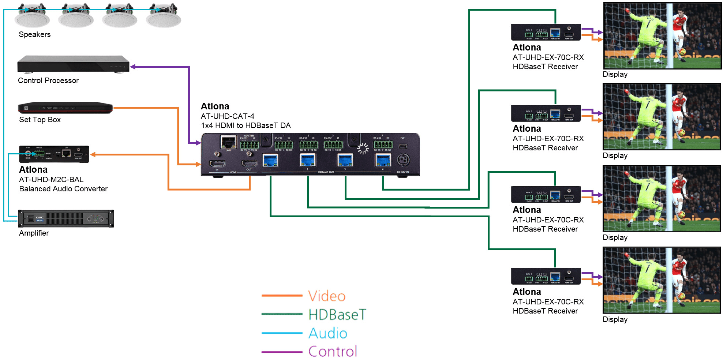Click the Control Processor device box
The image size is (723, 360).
tap(73, 64)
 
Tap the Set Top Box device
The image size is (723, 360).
tap(65, 108)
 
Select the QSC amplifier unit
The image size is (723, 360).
tap(66, 219)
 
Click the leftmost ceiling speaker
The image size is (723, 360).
tap(32, 16)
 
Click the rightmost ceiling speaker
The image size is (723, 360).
tap(163, 16)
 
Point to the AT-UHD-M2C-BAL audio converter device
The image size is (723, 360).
tap(54, 154)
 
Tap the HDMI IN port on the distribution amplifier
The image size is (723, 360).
tap(217, 163)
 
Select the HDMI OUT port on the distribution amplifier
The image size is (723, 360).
tap(249, 163)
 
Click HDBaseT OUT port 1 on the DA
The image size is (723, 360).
tap(270, 160)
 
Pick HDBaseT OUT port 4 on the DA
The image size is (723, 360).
tap(383, 160)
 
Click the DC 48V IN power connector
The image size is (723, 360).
tap(403, 160)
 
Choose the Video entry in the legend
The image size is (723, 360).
tap(327, 296)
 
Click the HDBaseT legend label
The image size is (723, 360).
tap(337, 315)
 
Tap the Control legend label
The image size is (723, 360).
tap(333, 352)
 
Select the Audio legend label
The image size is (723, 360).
tap(328, 333)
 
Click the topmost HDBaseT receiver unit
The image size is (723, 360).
tap(546, 32)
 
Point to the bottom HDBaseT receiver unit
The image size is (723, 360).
tap(546, 276)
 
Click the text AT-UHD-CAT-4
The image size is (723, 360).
tap(227, 116)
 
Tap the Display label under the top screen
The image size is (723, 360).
tap(615, 74)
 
